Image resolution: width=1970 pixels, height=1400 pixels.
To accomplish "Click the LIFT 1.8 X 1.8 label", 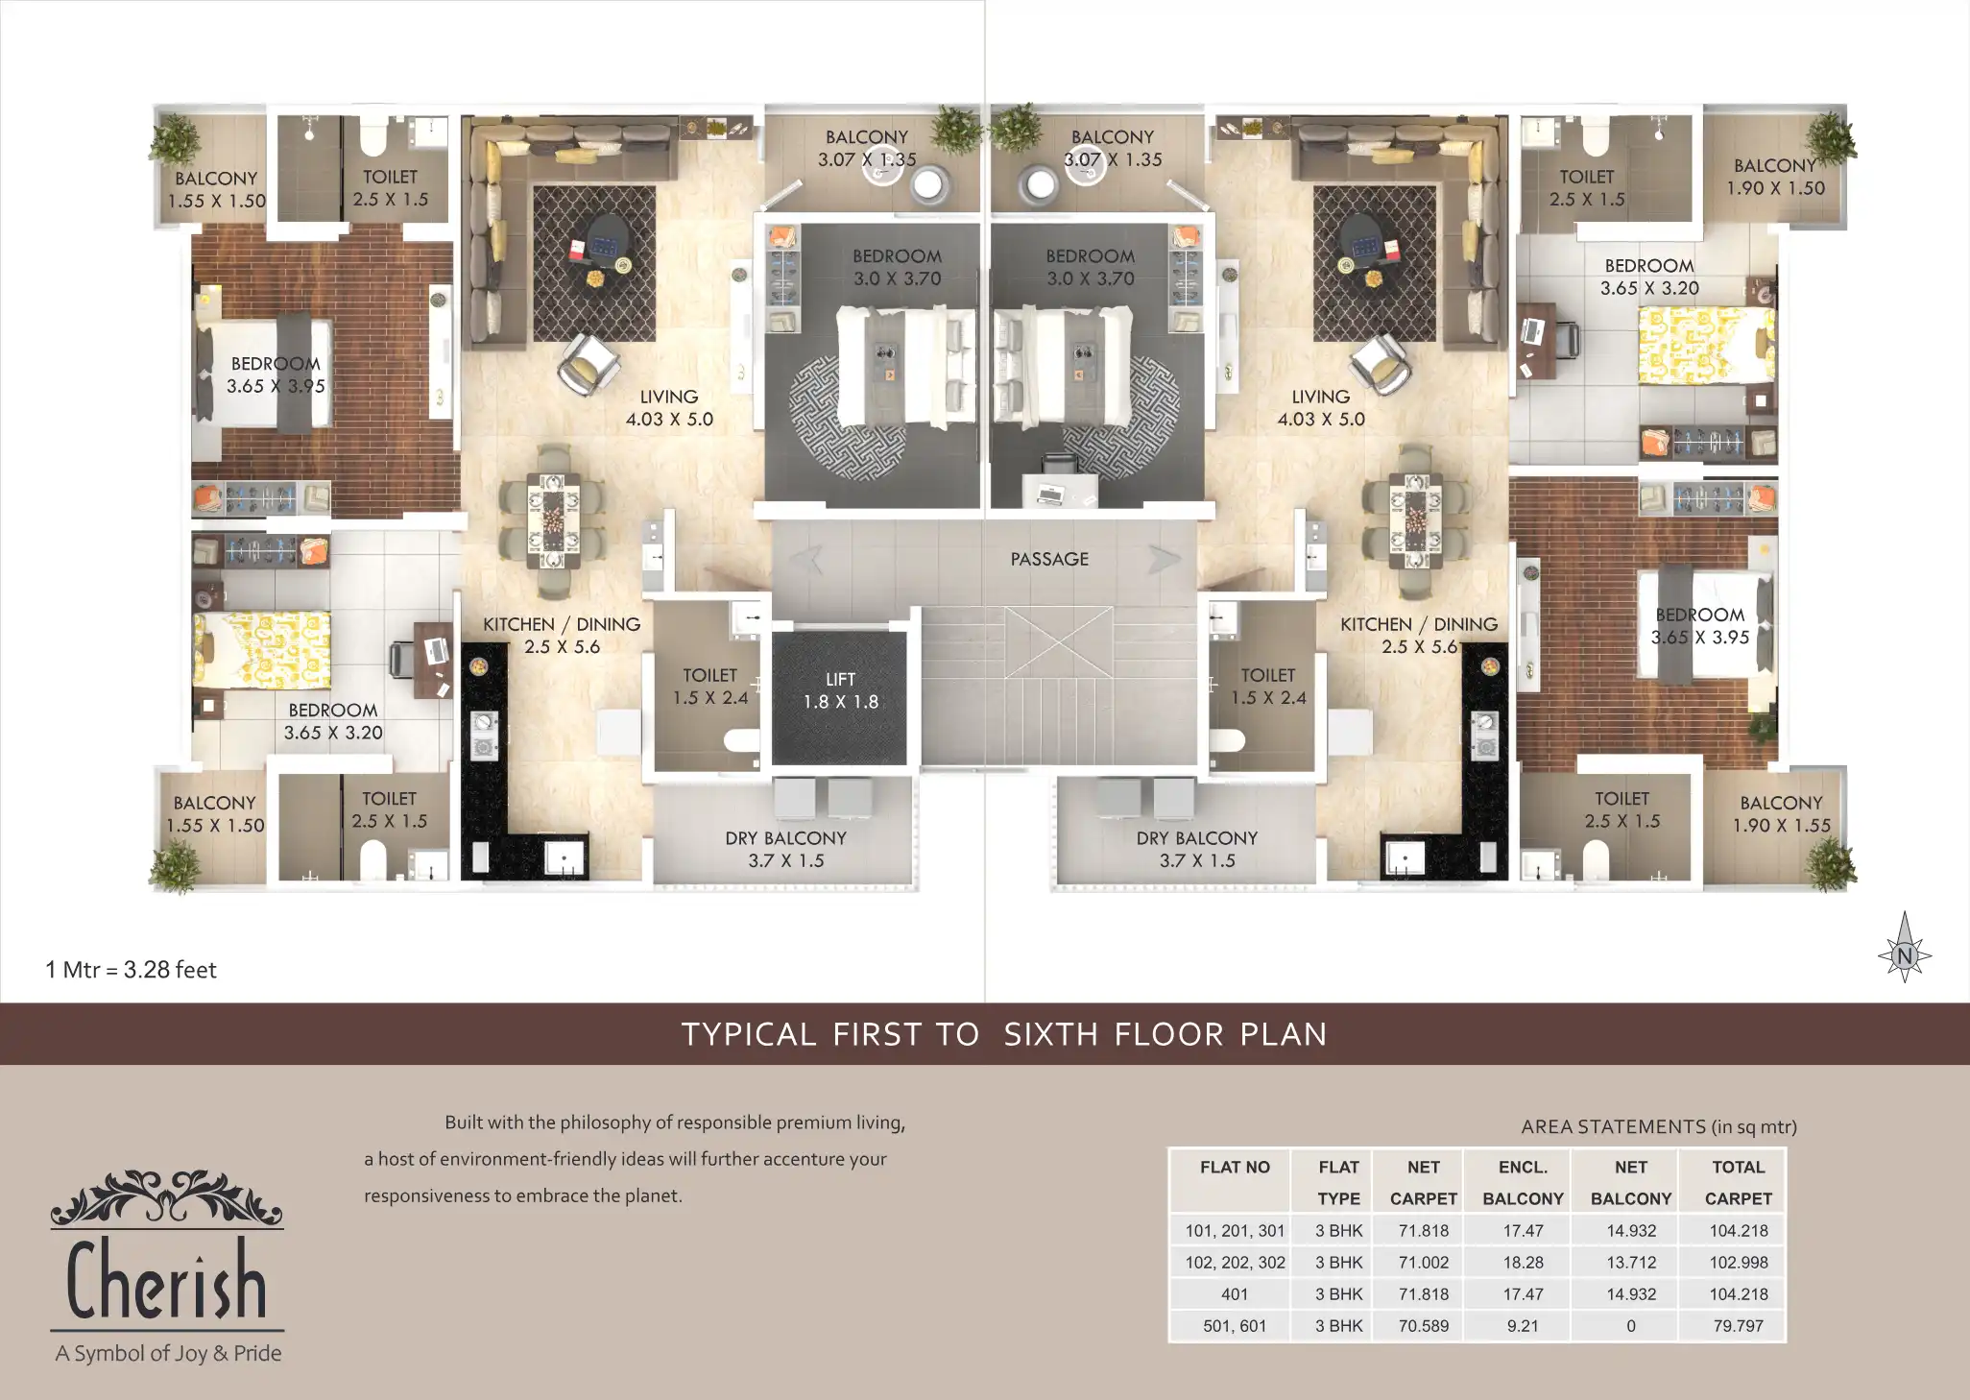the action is (841, 690).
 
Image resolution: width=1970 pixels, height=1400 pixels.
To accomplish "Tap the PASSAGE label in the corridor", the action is (1049, 559).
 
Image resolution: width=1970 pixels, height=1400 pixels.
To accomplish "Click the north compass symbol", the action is (1905, 948).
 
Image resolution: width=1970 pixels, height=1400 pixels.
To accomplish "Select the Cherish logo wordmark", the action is (167, 1279).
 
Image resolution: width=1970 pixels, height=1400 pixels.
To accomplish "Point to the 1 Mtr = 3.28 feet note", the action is (132, 970).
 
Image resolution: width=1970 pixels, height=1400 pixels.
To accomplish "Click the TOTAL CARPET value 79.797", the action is (1738, 1326).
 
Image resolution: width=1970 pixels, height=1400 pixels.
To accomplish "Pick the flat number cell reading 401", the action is (1235, 1294).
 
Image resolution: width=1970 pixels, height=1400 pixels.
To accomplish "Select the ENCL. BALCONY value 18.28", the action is (1523, 1263).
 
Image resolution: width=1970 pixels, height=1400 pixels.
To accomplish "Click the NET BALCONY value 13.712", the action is (1631, 1263).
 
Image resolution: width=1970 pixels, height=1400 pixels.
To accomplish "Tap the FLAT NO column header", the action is (1235, 1168).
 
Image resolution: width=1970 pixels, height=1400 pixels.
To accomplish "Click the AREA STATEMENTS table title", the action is (1659, 1127).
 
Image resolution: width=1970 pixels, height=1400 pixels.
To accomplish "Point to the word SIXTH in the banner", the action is (1051, 1034).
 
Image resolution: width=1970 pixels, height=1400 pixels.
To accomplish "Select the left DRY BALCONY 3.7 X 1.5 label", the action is (785, 850).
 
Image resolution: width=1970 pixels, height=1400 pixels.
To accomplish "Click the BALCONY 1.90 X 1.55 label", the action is (1781, 814).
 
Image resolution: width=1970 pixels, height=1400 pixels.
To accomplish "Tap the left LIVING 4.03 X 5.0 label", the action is (669, 408).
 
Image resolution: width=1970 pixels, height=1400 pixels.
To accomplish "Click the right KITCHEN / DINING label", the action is (1419, 624).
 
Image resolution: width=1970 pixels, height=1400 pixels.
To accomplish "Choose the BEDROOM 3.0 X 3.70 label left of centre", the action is (897, 268).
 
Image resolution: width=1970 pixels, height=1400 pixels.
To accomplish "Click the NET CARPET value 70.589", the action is (1424, 1326).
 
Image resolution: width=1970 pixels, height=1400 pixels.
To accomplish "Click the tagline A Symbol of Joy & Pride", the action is (168, 1354).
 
